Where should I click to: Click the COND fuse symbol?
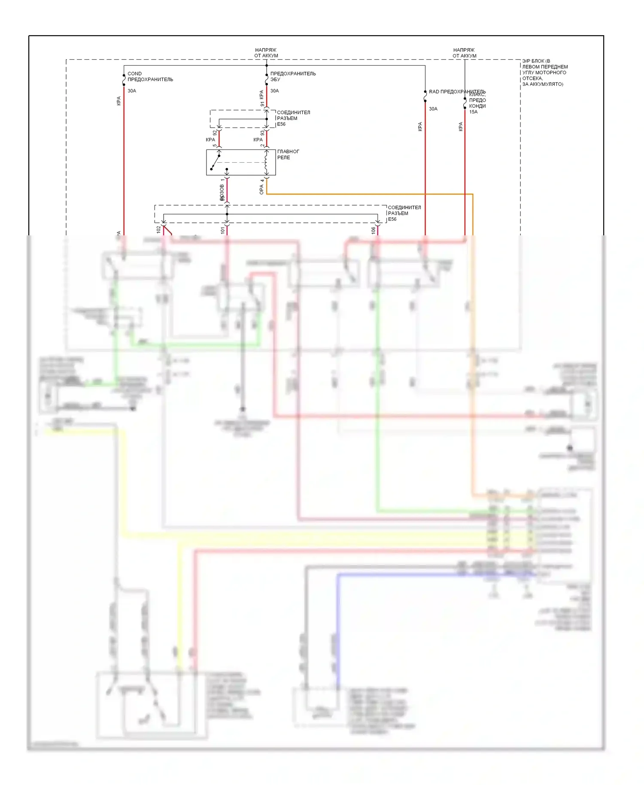point(124,80)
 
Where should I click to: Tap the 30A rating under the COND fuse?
point(132,91)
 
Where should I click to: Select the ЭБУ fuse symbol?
point(267,79)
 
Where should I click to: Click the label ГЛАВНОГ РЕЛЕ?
point(288,155)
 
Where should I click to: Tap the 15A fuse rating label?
point(473,112)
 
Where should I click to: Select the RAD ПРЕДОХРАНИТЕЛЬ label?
point(457,91)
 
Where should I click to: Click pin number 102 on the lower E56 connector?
point(158,230)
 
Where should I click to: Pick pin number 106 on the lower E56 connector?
point(373,231)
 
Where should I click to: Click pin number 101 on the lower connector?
point(222,231)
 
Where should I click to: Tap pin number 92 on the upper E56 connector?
point(215,133)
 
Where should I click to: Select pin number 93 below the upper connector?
point(262,133)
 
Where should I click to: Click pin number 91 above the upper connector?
point(262,104)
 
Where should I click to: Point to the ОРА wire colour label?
point(261,190)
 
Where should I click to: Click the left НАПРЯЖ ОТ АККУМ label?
point(266,53)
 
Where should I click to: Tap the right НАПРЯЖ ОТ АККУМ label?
point(464,53)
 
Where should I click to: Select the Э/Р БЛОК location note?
point(544,73)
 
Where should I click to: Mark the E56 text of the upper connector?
point(281,125)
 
